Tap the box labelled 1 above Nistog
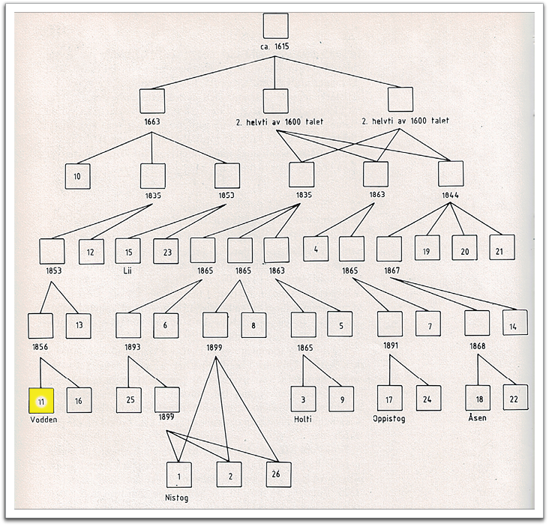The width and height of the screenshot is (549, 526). click(x=178, y=476)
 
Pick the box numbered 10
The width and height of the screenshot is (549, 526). click(x=77, y=176)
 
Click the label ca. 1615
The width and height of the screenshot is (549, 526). click(x=274, y=46)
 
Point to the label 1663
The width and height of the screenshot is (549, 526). click(x=151, y=121)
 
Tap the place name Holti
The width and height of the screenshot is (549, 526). click(x=302, y=418)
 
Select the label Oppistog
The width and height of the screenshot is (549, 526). click(x=388, y=418)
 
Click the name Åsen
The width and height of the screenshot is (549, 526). click(x=477, y=417)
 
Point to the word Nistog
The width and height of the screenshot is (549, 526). click(x=178, y=496)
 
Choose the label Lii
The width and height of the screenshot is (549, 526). click(x=127, y=269)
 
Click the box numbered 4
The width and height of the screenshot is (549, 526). click(x=316, y=248)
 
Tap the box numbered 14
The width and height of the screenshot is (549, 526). click(x=514, y=323)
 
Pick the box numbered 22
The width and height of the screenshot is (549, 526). click(x=514, y=397)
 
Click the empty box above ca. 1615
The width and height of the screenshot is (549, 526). click(x=275, y=26)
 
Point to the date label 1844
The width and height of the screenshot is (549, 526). click(x=450, y=195)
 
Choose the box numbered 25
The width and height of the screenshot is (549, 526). click(x=129, y=400)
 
